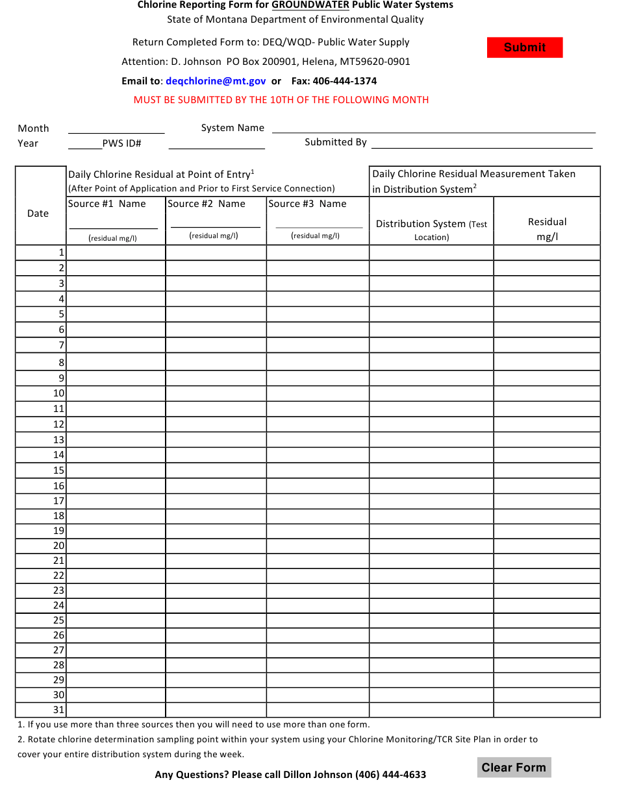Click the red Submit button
coord(525,47)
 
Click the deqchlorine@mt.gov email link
coord(216,81)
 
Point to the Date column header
coord(38,213)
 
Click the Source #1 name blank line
coord(114,224)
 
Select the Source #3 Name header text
coord(307,204)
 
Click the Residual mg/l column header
coord(547,229)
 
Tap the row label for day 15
coord(59,470)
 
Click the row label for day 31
coord(59,710)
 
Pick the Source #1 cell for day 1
coord(116,252)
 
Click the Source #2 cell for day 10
coord(216,393)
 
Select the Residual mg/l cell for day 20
coord(547,546)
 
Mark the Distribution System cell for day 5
coord(431,314)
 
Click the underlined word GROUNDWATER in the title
coord(310,5)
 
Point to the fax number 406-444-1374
coord(344,81)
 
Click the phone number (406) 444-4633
coord(390,774)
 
